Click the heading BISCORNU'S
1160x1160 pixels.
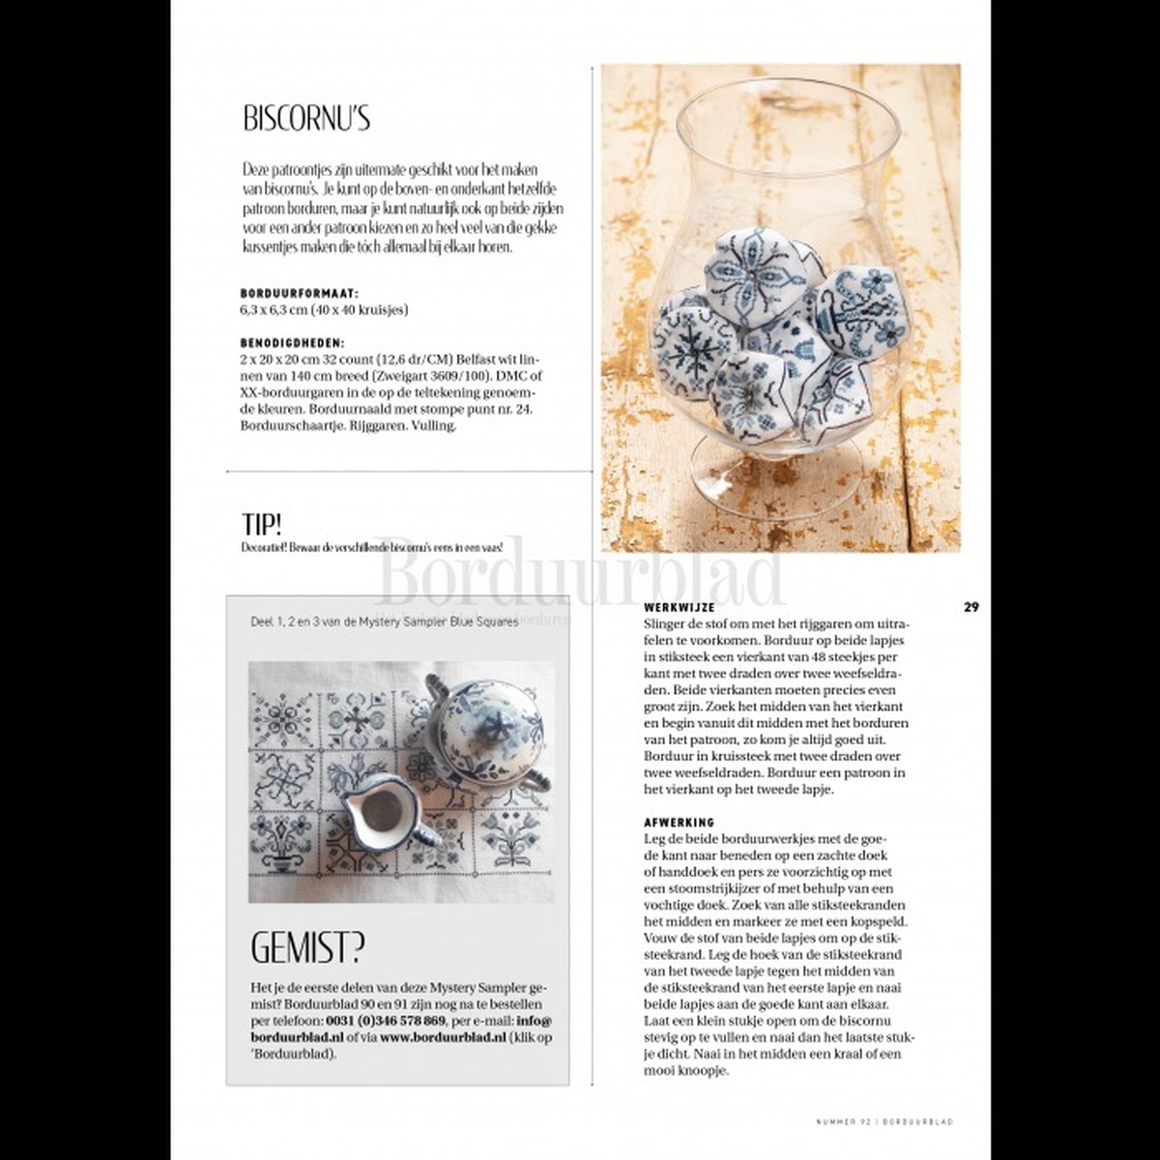point(305,119)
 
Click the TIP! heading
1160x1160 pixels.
point(262,524)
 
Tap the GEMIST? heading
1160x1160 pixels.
point(307,948)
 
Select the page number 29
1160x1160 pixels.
point(971,607)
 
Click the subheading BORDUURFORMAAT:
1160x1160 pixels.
point(299,292)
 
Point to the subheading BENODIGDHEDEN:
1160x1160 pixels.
point(292,342)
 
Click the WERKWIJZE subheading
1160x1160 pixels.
point(679,607)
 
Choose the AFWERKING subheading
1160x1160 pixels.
point(679,822)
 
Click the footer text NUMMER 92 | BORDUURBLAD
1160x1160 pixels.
point(884,1121)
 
